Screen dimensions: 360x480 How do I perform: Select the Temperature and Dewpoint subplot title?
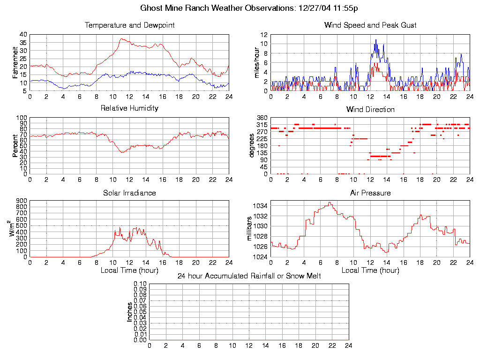(x=129, y=25)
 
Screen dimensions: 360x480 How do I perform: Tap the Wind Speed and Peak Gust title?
(x=370, y=25)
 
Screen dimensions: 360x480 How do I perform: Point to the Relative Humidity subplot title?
(x=129, y=108)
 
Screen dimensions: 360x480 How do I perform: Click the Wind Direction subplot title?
(x=370, y=110)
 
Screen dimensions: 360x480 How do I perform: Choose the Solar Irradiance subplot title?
(x=129, y=193)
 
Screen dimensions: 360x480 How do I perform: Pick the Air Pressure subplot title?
(x=370, y=193)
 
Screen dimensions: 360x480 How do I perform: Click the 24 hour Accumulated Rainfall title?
(x=249, y=276)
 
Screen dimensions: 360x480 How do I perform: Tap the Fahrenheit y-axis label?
(x=15, y=62)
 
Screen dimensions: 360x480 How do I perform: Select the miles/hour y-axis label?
(x=257, y=62)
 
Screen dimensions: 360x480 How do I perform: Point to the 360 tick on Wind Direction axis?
(x=262, y=118)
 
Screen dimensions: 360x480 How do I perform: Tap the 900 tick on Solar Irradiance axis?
(x=22, y=201)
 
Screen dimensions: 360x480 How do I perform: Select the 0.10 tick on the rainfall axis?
(x=140, y=284)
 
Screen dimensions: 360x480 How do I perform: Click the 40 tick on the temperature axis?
(x=23, y=35)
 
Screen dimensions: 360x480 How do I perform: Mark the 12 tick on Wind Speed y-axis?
(x=264, y=35)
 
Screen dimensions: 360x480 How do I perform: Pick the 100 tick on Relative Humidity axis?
(x=22, y=118)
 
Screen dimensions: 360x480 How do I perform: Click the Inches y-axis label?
(x=130, y=312)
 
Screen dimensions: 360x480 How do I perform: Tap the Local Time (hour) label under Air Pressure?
(x=370, y=270)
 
